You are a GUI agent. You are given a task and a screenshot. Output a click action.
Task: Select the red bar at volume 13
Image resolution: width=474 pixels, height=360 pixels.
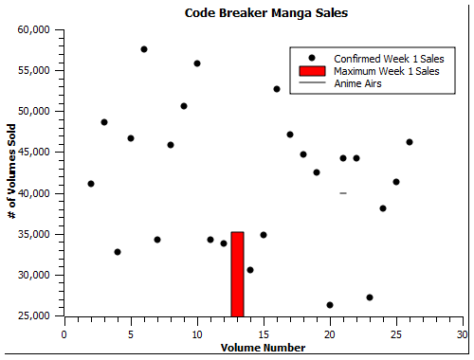[237, 274]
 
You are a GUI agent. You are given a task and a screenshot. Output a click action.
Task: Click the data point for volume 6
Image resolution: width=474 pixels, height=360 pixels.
[144, 49]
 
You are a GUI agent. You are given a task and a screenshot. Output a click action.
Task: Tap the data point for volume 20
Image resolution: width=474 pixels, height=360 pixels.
[330, 305]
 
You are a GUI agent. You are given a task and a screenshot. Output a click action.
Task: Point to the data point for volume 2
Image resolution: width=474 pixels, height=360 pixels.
[91, 184]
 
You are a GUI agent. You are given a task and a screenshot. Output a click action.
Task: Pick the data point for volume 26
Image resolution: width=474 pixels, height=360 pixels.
[410, 142]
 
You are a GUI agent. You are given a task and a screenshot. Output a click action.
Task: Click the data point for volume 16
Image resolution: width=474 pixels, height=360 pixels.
[277, 89]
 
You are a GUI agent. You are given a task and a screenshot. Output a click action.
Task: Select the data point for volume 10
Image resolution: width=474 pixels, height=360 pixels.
[197, 63]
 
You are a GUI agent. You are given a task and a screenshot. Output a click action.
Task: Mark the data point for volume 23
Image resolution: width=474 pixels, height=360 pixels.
[370, 297]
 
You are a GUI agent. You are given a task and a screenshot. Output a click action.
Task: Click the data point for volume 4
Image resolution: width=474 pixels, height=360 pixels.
[118, 252]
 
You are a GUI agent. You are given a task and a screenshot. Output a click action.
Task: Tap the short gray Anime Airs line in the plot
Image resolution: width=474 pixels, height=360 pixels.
[343, 193]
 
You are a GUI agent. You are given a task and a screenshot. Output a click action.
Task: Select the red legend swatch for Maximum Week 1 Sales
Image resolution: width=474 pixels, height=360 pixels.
[312, 71]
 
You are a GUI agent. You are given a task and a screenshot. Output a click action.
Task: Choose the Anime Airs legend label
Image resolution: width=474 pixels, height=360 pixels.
[358, 83]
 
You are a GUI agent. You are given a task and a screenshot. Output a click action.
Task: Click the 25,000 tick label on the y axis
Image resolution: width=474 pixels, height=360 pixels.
[35, 316]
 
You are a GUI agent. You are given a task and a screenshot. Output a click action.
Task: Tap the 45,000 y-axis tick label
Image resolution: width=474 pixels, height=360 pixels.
[35, 153]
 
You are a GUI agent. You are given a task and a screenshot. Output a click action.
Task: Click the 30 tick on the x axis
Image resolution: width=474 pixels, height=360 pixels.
[462, 333]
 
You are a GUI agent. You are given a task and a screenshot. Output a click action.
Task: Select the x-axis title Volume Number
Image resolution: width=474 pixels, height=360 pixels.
[263, 348]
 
